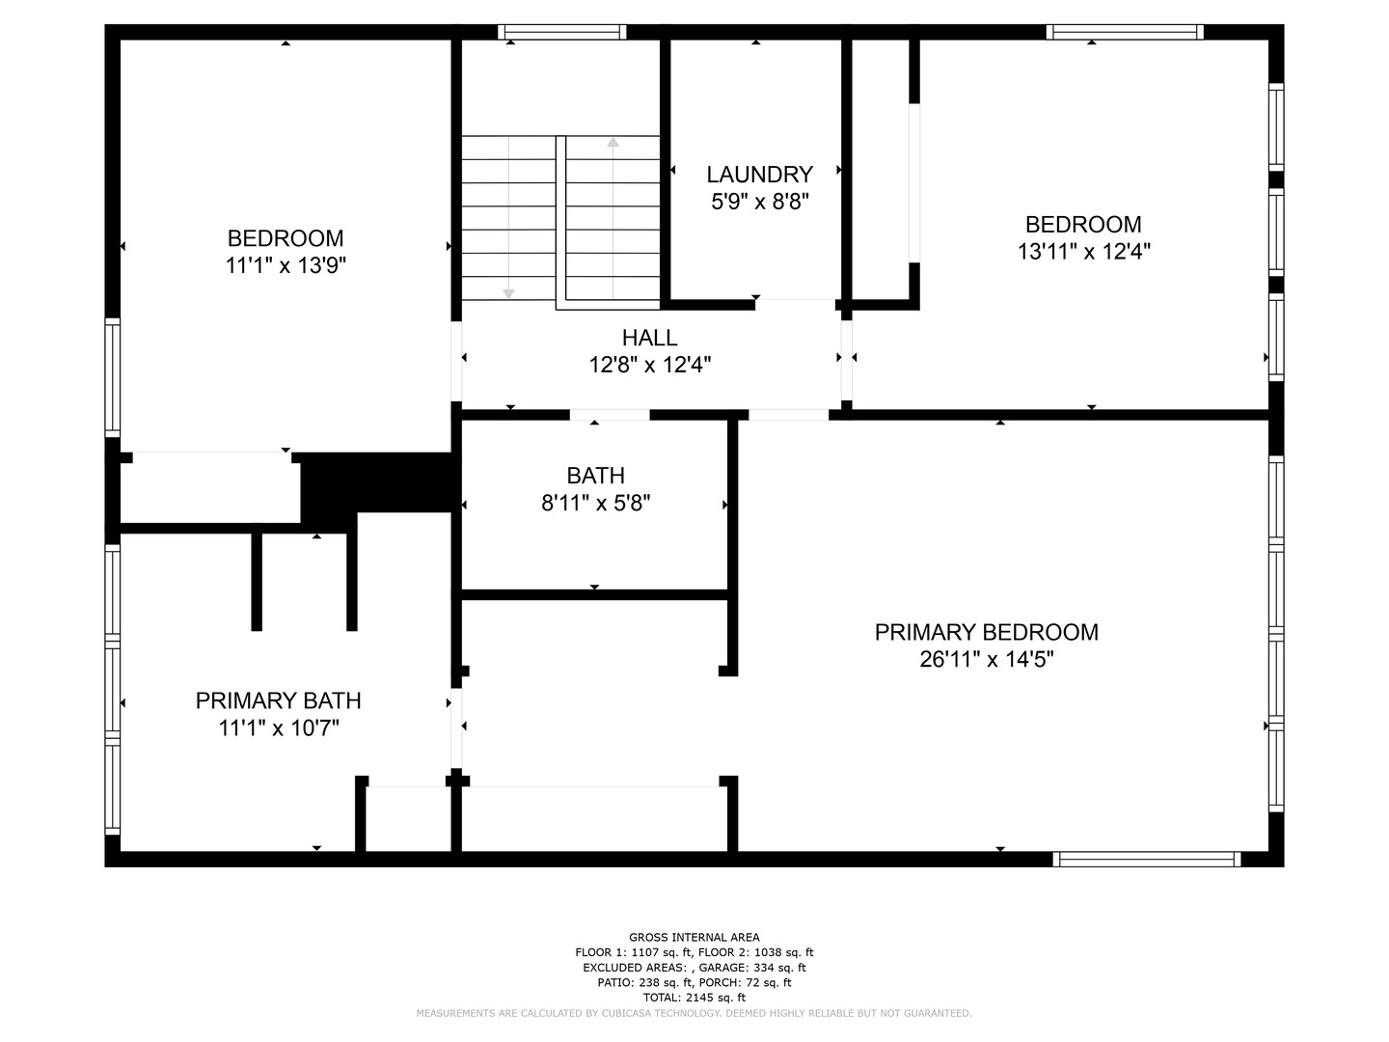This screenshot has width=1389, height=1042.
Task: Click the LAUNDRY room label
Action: point(759,174)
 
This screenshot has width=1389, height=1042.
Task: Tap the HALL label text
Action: point(649,338)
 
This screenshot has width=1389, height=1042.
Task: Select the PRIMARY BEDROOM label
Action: point(986,632)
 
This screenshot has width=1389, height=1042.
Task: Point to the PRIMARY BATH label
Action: point(278,700)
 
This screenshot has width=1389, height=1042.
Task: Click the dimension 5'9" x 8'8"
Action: point(759,202)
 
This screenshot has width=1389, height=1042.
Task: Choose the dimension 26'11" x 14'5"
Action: point(986,659)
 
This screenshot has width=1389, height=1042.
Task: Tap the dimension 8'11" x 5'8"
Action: point(595,503)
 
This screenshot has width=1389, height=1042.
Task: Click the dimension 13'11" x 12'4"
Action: point(1082,251)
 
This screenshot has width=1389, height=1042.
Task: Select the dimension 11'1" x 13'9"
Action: point(286,265)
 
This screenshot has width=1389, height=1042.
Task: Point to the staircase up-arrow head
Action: point(613,143)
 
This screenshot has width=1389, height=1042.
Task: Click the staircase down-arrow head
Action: point(508,293)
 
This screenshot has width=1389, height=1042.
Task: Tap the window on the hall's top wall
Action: point(561,32)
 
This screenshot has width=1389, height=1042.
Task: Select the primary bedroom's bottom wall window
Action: point(1146,859)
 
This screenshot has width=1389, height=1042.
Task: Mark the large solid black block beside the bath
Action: point(377,482)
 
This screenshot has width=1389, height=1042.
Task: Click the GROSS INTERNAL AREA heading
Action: point(694,937)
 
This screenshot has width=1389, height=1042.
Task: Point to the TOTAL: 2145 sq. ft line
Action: point(694,997)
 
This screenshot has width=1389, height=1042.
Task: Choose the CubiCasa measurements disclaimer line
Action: point(694,1013)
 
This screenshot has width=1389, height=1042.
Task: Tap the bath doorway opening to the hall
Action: point(610,415)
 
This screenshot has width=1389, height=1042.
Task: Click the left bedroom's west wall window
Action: point(112,377)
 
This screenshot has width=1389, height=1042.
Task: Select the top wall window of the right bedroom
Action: point(1125,32)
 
